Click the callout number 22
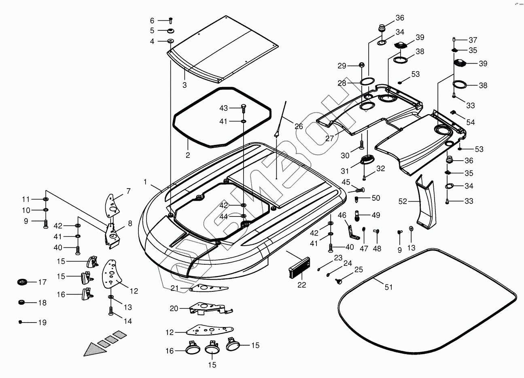pos(302,285)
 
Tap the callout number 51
pos(388,287)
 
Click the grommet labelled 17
pos(22,282)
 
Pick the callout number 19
pos(42,323)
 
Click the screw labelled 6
pos(170,19)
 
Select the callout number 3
pos(185,85)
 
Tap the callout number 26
pos(299,126)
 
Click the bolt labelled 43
pos(243,108)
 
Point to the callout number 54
pos(470,122)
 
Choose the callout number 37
pos(473,40)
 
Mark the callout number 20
pos(174,308)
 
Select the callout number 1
pos(145,182)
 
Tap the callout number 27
pos(330,138)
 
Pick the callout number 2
pos(188,155)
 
